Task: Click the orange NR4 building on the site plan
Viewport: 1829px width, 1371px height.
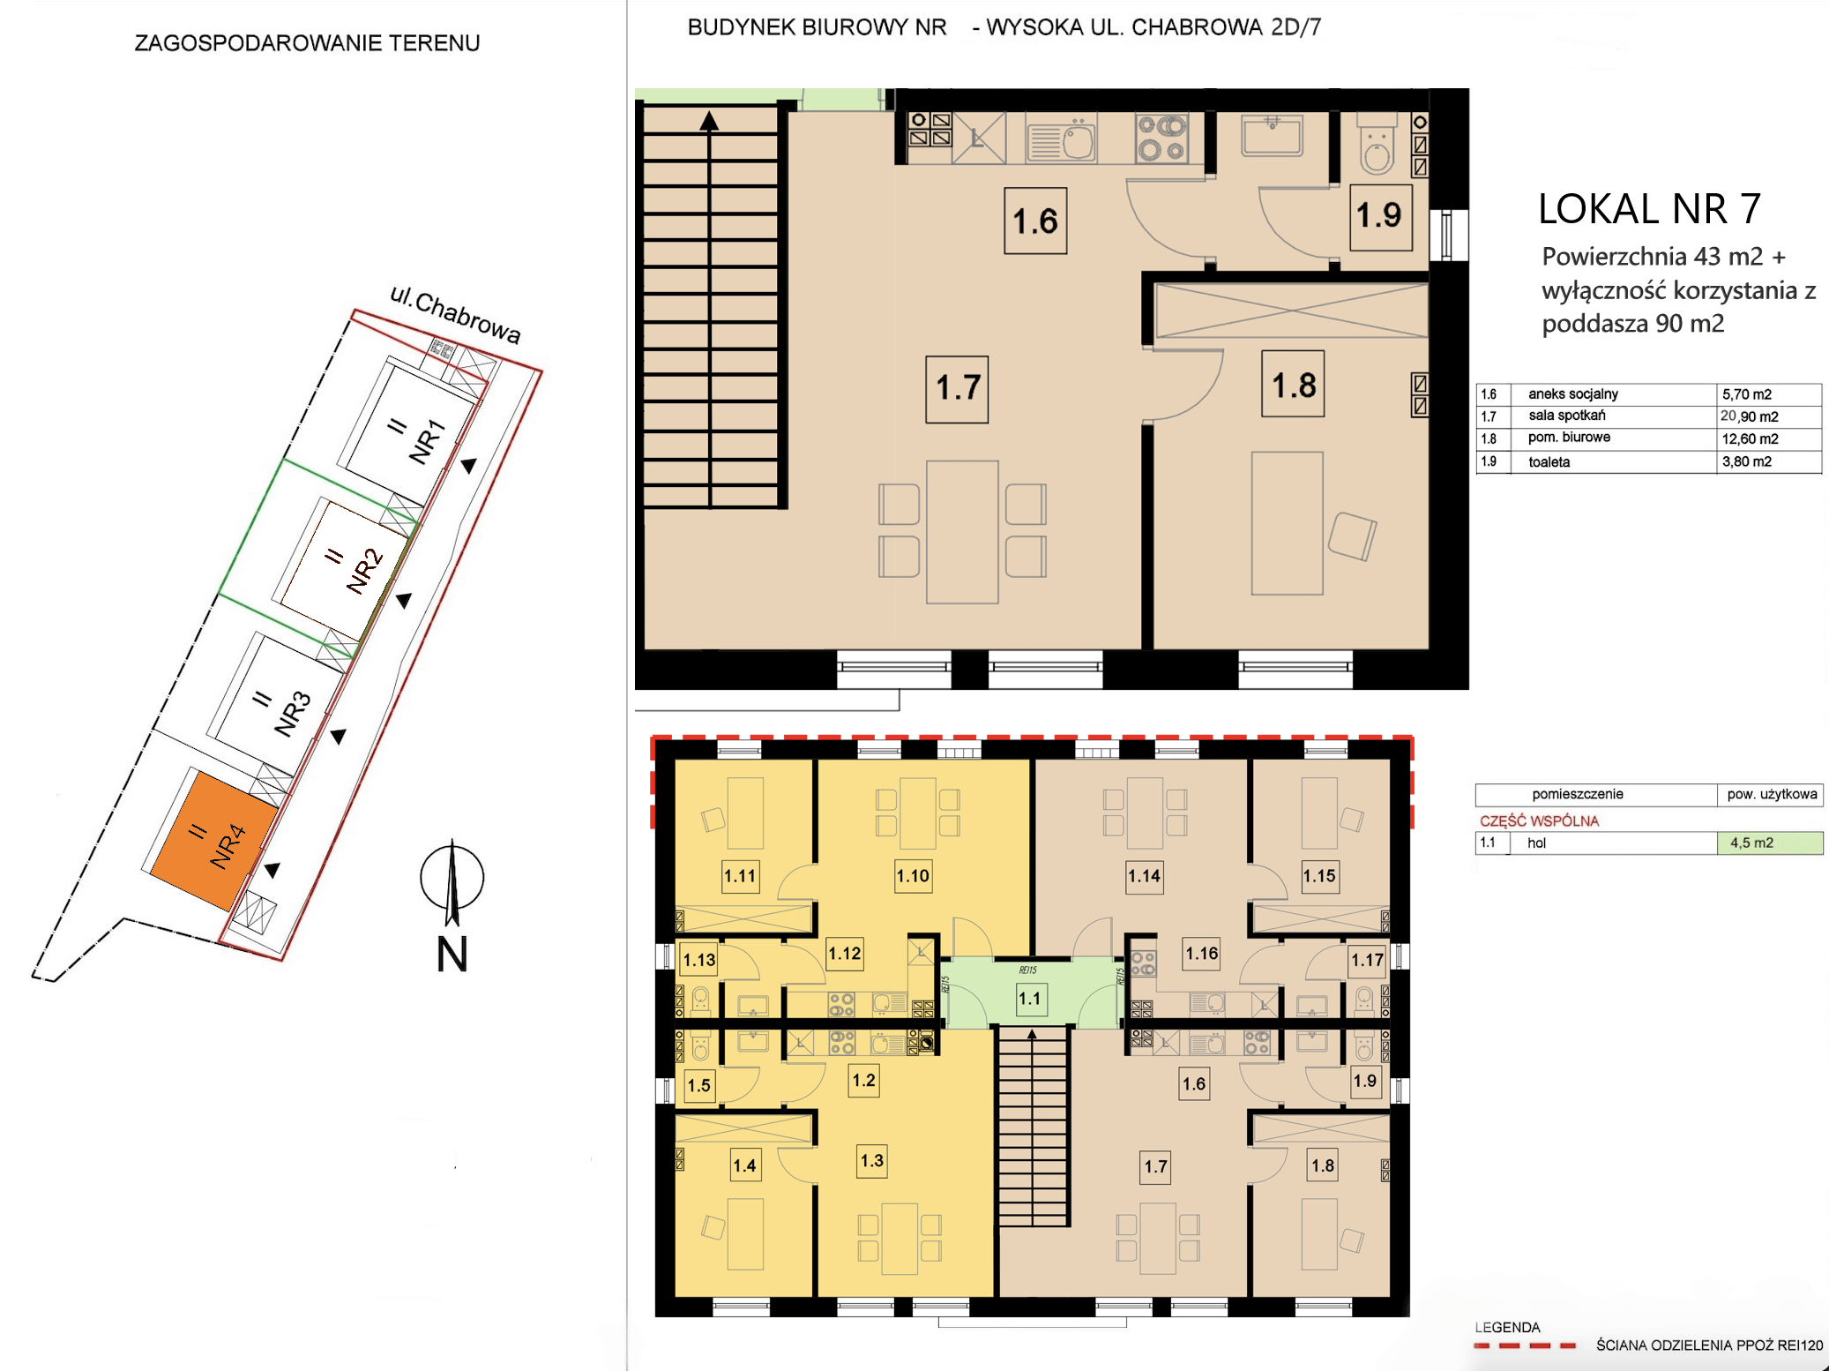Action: click(x=214, y=841)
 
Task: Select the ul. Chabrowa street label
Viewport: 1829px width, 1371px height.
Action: click(x=455, y=314)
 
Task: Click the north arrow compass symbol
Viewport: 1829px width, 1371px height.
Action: click(x=452, y=880)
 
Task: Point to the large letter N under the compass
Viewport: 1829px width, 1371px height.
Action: click(x=452, y=954)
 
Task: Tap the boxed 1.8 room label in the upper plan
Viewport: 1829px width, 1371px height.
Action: click(x=1294, y=385)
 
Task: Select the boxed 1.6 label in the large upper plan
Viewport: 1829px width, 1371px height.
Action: click(x=1035, y=221)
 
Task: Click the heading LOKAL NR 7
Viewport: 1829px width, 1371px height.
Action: click(x=1649, y=209)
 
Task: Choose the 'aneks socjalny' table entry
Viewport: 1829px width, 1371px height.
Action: click(x=1573, y=394)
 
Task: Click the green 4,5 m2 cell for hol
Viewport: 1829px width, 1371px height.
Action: click(x=1770, y=843)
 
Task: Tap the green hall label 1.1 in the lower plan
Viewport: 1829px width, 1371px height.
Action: click(x=1029, y=999)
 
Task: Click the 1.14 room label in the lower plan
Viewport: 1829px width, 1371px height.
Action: click(x=1144, y=876)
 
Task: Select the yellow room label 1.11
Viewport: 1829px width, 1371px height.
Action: click(x=740, y=876)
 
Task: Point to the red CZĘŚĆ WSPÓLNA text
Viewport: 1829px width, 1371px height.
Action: click(x=1539, y=820)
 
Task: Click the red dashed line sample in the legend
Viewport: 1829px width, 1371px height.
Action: click(x=1525, y=1345)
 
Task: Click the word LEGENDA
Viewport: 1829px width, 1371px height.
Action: click(x=1507, y=1327)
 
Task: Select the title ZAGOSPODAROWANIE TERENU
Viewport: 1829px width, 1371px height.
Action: click(x=307, y=43)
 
